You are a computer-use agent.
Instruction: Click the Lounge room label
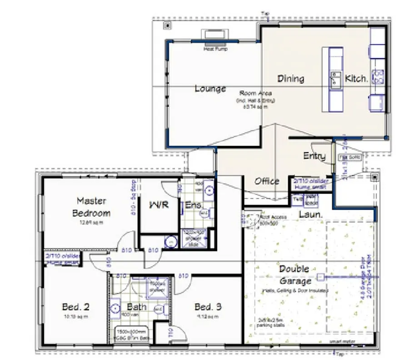coord(210,89)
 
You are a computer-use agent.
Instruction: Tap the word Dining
coord(290,79)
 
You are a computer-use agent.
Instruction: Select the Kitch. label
coord(356,79)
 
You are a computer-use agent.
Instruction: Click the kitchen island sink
coord(335,79)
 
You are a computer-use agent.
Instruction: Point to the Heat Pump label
coord(215,49)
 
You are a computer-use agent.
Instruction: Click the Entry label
coord(314,156)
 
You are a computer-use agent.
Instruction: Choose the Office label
coord(267,181)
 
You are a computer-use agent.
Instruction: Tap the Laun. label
coord(310,214)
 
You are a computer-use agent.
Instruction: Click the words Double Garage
coord(294,275)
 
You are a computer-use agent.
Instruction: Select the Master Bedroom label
coord(91,207)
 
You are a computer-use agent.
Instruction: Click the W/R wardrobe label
coord(159,204)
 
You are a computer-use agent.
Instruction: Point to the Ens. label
coord(193,205)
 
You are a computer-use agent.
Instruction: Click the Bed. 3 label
coord(208,307)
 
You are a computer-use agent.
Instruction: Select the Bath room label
coord(136,307)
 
